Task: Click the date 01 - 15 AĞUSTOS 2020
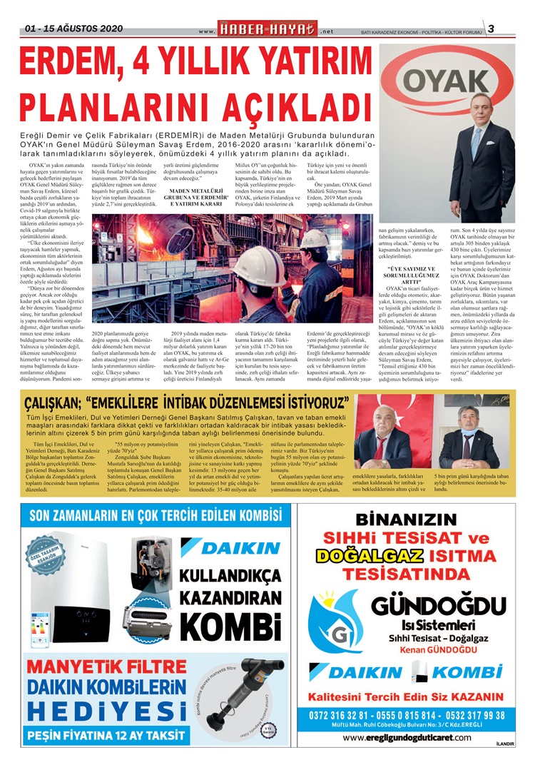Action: click(x=73, y=29)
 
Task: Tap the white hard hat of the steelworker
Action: click(x=312, y=238)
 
